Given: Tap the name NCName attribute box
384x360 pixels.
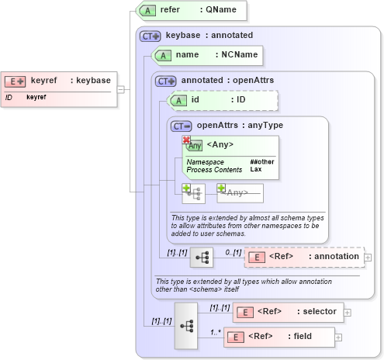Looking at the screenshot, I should click(207, 55).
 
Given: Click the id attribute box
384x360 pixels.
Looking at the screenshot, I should click(223, 100).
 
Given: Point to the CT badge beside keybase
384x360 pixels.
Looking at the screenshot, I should click(150, 36).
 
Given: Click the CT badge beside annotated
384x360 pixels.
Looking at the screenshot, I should click(166, 81).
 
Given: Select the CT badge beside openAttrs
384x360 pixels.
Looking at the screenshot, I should click(181, 125).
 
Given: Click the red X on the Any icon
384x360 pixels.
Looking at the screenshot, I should click(186, 140).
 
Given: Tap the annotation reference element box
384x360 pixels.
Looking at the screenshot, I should click(303, 257).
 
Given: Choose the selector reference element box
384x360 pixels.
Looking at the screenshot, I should click(288, 312).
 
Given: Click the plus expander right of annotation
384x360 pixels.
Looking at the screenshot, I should click(368, 257).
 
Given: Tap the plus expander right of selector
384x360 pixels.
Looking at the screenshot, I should click(348, 313).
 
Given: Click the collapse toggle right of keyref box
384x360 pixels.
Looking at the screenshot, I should click(120, 88).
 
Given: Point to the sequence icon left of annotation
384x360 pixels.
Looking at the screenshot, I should click(202, 258).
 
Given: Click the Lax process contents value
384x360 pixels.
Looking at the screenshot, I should click(255, 169).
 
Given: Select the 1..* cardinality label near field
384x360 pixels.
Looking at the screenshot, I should click(216, 332).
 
